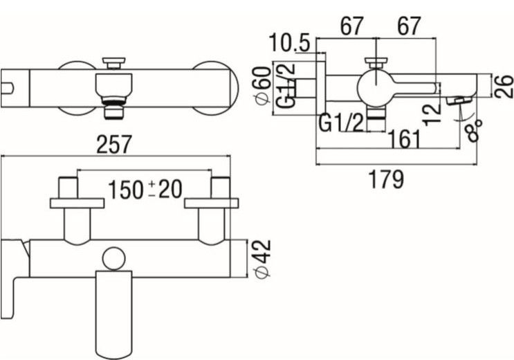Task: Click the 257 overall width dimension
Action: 114,145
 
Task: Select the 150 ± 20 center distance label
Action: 145,189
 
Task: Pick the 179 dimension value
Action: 386,179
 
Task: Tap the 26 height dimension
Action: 504,86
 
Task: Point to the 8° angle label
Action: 475,128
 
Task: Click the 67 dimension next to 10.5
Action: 351,28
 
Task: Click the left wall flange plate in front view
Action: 77,203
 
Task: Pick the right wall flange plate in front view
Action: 211,203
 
